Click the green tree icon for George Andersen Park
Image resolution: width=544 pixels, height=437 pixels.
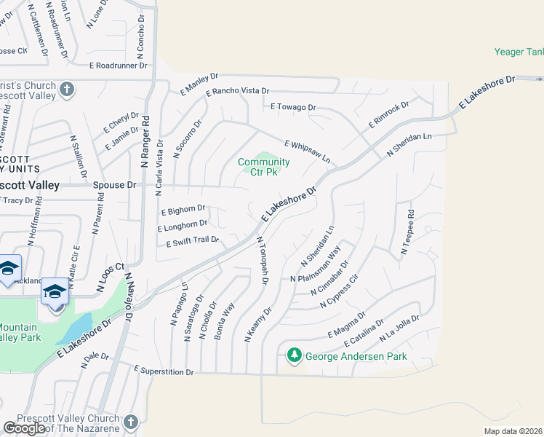coord(294,355)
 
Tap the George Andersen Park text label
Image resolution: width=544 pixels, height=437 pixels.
coord(356,357)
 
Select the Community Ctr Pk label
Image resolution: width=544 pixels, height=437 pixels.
coord(263,167)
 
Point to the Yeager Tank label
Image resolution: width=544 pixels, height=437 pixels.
coord(519,52)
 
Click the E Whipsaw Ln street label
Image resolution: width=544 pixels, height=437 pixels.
coord(307,151)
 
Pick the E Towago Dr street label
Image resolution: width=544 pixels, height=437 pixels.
coord(293,107)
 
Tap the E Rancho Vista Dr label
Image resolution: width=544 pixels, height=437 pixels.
coord(237,92)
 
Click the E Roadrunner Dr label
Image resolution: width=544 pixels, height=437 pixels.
coord(118,65)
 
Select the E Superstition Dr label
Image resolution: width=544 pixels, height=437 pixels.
coord(164,371)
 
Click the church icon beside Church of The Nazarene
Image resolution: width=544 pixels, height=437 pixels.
coord(130,422)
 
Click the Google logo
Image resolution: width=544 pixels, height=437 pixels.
coord(24,428)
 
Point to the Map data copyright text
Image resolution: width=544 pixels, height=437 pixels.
coord(513,431)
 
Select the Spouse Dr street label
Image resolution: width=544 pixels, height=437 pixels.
coord(115,185)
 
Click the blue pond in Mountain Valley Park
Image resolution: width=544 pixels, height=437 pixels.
coord(78,328)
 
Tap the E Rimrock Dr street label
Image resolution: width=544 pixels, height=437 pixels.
coord(388,115)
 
